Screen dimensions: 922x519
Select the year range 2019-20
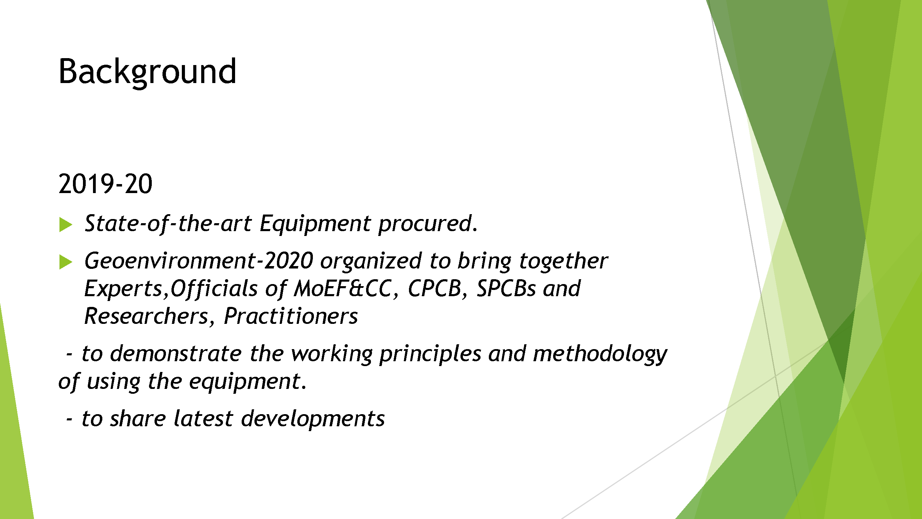(105, 184)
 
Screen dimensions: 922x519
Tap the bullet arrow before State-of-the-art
(66, 225)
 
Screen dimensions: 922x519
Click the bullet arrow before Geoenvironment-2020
(66, 262)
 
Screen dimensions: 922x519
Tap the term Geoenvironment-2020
(199, 261)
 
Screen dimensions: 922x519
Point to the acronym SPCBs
(506, 288)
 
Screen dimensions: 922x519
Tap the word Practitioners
(291, 316)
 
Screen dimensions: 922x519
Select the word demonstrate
(176, 354)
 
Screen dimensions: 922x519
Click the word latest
(203, 418)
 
